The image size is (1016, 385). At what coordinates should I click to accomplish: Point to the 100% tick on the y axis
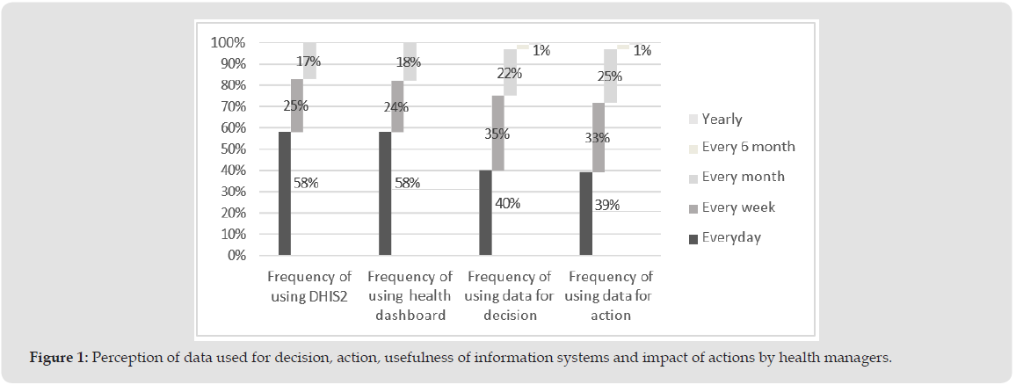click(x=228, y=43)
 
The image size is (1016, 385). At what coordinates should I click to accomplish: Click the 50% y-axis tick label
click(x=230, y=149)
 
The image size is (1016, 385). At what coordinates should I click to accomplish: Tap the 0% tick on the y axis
click(x=234, y=256)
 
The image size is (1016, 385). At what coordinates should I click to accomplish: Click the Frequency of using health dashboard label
click(x=409, y=295)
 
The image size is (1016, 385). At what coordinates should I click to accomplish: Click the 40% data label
click(x=507, y=203)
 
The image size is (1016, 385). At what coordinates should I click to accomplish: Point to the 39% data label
click(x=607, y=206)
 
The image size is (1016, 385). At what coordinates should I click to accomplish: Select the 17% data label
click(x=308, y=62)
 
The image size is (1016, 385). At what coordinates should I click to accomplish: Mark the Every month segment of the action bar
click(x=611, y=76)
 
